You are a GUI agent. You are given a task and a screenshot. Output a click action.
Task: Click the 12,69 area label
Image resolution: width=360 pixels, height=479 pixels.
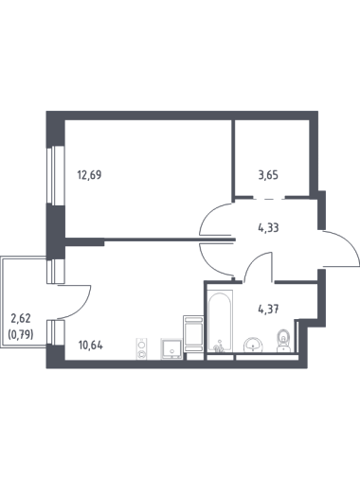point(89,174)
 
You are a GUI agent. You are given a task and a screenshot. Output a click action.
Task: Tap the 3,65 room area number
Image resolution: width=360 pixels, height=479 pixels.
point(268,174)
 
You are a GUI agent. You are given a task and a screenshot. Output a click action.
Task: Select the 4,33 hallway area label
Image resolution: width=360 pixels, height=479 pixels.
point(268,227)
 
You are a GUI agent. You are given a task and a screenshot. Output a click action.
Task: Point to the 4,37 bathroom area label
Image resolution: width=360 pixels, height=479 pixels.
point(268,309)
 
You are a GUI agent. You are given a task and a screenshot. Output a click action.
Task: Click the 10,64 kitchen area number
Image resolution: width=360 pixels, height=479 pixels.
point(91,346)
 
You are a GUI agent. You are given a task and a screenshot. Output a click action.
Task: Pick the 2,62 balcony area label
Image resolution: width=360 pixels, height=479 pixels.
point(21,318)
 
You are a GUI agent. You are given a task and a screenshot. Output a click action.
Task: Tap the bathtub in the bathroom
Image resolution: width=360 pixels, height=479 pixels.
point(220,321)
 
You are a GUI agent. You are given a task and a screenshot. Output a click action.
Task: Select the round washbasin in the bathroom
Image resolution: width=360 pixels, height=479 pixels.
point(253,345)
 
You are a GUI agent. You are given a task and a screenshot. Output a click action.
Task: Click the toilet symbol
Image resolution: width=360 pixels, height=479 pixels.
point(283,341)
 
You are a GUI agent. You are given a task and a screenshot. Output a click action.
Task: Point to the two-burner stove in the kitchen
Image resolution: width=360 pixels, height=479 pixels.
point(141,348)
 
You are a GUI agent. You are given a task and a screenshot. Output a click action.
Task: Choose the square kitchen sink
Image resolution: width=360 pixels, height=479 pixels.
point(171,348)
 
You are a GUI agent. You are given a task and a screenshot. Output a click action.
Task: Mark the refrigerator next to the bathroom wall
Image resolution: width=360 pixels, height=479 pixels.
point(192,333)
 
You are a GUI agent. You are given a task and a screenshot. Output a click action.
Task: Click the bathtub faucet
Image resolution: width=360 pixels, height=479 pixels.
point(219,347)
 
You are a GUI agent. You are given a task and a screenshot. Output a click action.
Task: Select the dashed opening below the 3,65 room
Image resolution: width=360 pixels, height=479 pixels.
point(269,199)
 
